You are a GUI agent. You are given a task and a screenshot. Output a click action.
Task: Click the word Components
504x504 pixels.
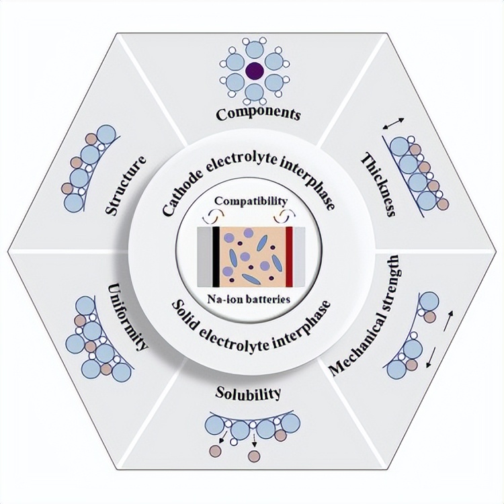coord(257,114)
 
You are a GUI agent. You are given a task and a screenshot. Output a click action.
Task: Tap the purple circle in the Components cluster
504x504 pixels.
coord(254,69)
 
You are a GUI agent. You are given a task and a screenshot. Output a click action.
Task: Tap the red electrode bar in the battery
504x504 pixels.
coord(289,255)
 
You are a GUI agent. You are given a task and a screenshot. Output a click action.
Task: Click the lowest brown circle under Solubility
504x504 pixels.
coord(253,457)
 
